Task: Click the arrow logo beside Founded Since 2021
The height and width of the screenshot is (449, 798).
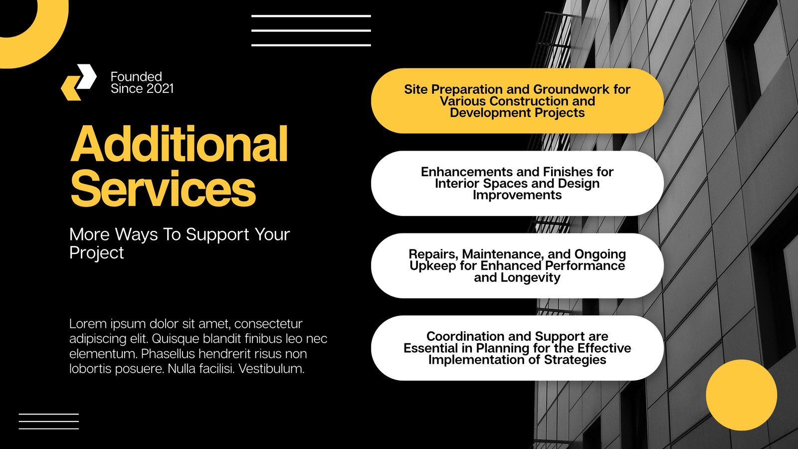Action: pos(79,82)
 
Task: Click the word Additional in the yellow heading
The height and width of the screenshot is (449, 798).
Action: pos(179,144)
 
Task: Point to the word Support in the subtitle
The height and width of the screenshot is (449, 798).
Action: pos(217,234)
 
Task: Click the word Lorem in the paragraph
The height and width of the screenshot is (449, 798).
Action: pos(88,324)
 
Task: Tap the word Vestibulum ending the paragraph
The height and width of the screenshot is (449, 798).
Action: pos(271,369)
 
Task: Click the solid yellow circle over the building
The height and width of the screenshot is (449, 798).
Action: pos(741,395)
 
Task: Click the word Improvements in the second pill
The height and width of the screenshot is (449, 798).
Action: pos(517,195)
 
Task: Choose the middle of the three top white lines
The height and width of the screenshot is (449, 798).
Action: pos(311,30)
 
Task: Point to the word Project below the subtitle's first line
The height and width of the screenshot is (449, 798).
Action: pos(97,252)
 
